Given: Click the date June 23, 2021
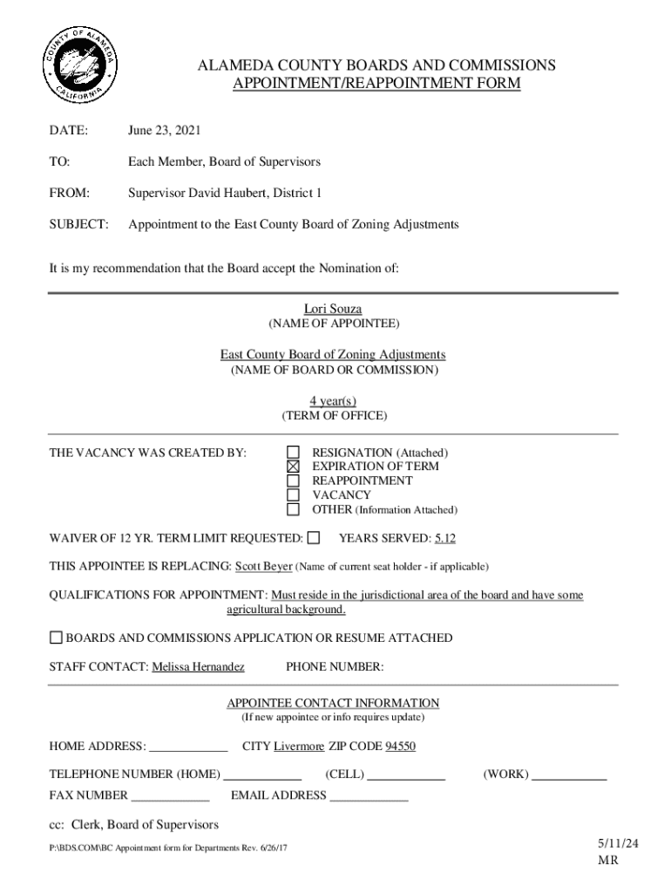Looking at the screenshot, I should [x=164, y=131].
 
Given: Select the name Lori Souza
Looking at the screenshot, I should [x=332, y=309].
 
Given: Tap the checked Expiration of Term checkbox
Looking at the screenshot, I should [x=294, y=467].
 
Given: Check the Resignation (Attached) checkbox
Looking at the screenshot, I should [x=294, y=453].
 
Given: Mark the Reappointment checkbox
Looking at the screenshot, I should [x=294, y=481].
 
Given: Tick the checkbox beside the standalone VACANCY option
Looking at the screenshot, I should [x=294, y=494].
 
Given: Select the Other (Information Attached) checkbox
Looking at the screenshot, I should [x=294, y=509].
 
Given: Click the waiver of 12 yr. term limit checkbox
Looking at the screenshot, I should [x=314, y=537].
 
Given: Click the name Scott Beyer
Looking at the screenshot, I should [x=263, y=566].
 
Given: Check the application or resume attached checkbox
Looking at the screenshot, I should [x=56, y=637].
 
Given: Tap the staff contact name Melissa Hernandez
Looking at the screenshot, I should [x=198, y=667].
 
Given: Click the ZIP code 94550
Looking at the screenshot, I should [x=400, y=746].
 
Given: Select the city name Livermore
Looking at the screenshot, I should [x=299, y=746].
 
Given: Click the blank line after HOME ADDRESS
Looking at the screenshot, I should [x=188, y=747].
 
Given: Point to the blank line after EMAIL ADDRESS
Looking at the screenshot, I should [x=369, y=796].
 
